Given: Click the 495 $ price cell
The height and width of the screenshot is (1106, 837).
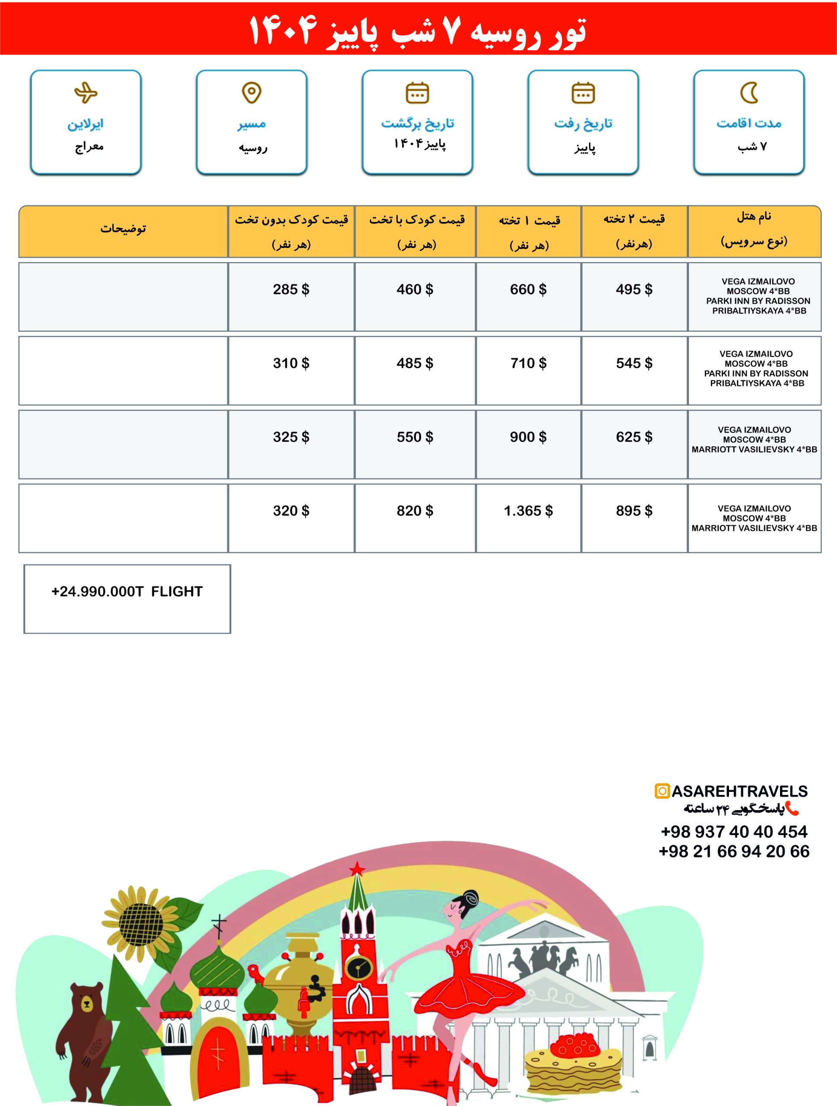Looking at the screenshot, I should (x=634, y=289).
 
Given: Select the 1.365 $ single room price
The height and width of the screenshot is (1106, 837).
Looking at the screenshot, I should (x=528, y=511).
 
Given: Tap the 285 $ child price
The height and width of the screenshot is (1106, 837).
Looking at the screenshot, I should (x=291, y=289).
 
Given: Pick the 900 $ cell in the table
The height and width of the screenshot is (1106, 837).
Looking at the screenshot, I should (x=528, y=437).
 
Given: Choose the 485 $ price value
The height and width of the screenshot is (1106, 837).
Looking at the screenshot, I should (x=415, y=363).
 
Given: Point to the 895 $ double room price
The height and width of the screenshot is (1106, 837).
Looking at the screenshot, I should (x=634, y=511).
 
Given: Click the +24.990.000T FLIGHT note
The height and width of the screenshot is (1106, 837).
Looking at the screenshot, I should (x=127, y=591).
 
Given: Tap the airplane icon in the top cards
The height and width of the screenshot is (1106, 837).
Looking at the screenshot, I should (x=86, y=92).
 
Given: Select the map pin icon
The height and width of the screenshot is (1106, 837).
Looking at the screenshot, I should (x=251, y=92).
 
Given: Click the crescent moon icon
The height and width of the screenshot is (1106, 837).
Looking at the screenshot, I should (x=748, y=92).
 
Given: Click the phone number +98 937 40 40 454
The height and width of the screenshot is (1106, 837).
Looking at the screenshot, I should (x=733, y=832).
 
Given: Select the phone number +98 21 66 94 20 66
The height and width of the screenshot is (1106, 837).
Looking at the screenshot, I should (x=733, y=851).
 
